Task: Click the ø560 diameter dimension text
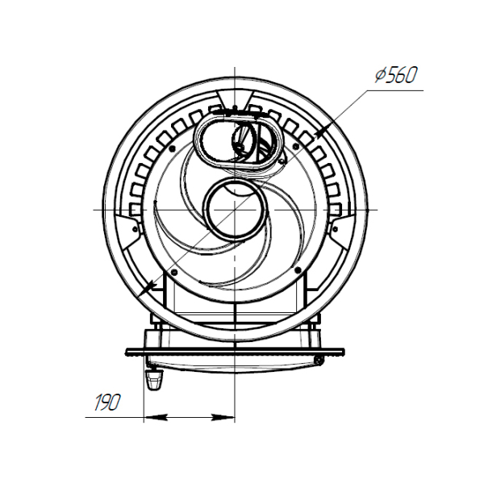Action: click(396, 75)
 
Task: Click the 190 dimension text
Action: click(106, 403)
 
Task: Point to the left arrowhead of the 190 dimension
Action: click(156, 418)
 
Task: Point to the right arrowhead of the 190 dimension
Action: click(223, 418)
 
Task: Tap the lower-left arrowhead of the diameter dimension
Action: click(148, 289)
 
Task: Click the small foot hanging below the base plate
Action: click(154, 379)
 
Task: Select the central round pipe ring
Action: click(235, 209)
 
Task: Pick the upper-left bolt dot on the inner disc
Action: click(173, 148)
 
